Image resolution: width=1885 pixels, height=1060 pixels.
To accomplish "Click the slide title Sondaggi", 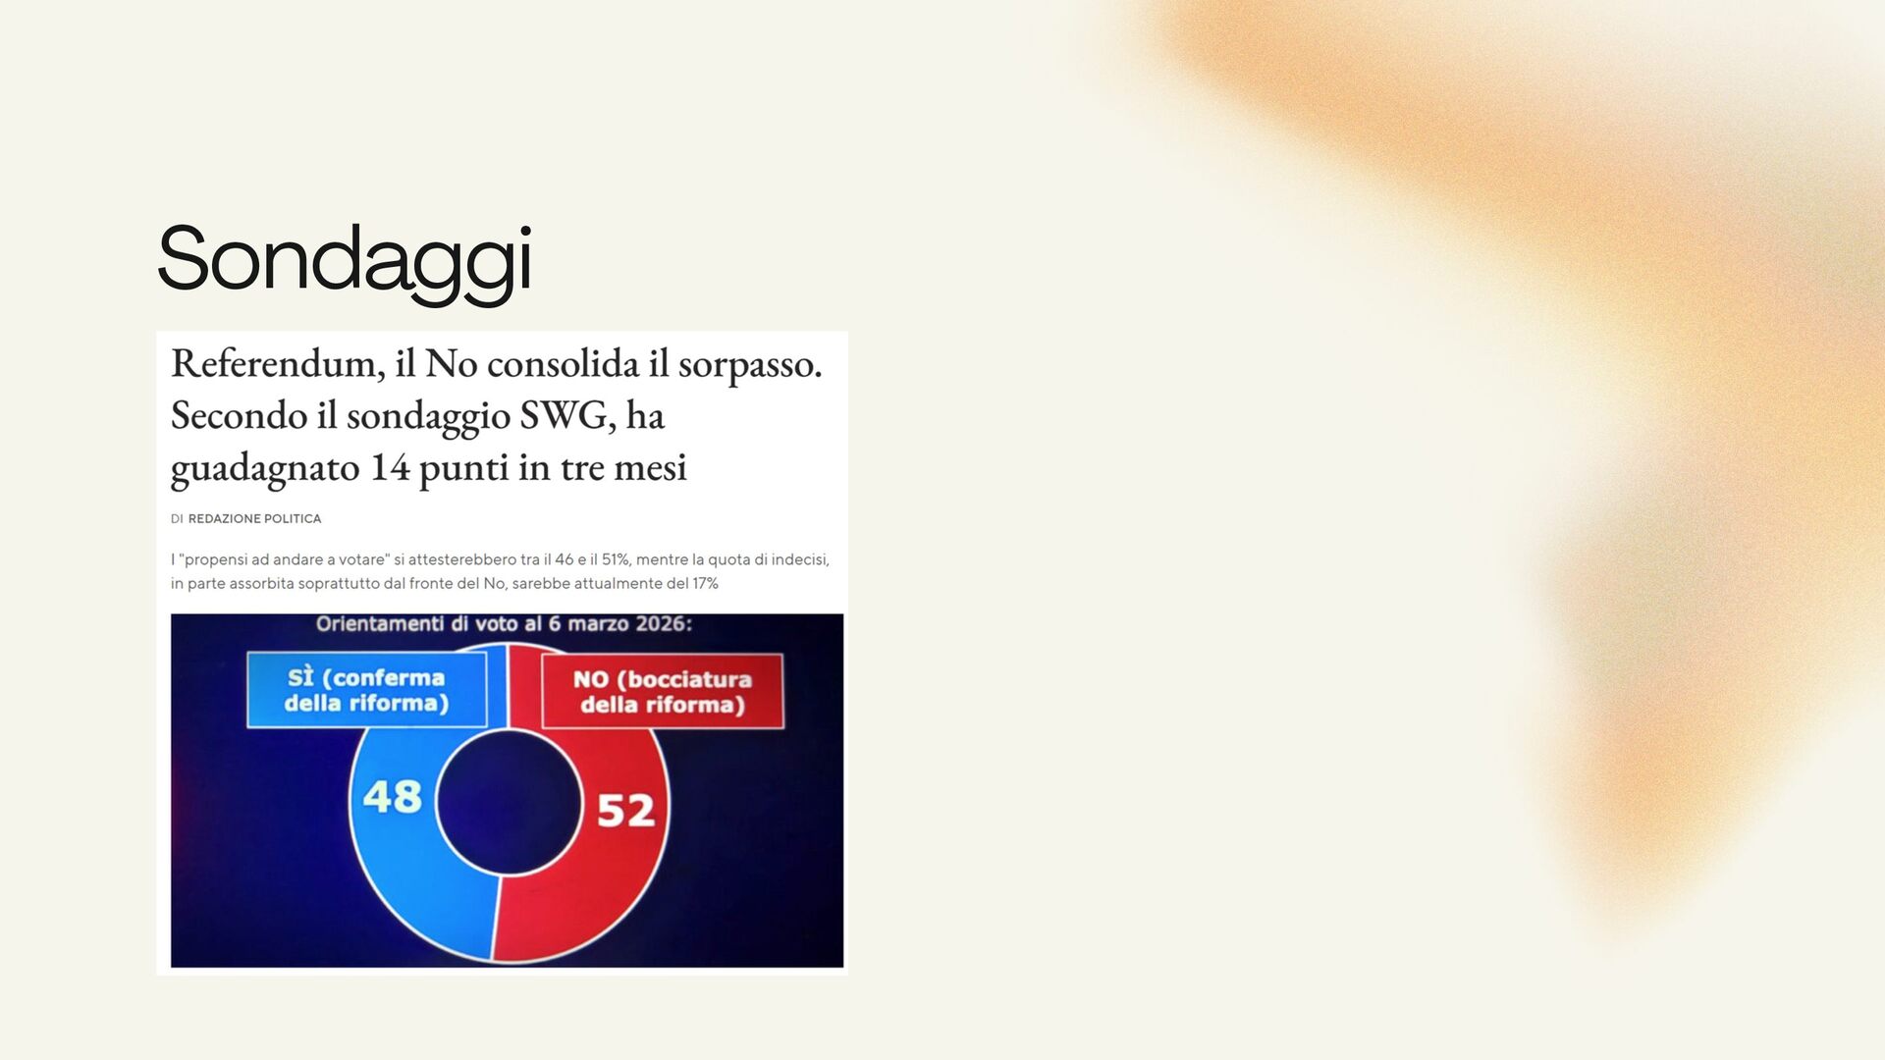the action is click(345, 259).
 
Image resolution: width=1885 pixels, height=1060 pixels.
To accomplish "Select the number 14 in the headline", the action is click(390, 468).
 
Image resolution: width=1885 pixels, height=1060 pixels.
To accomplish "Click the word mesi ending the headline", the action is click(650, 468).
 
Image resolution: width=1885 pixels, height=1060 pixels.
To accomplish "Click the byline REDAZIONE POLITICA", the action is click(254, 519).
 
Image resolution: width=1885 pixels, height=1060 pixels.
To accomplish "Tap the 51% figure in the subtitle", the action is click(615, 559).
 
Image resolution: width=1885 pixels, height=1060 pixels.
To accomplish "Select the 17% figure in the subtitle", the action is click(705, 583).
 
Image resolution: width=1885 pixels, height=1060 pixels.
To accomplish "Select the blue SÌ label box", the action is click(366, 690).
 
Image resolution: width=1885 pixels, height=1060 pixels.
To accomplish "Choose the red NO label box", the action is click(663, 691).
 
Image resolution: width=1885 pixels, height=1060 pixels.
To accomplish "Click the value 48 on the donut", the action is click(393, 797).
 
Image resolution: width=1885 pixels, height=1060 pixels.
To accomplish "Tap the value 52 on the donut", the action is click(625, 811).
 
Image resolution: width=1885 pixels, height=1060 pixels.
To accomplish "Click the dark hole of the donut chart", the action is click(510, 803).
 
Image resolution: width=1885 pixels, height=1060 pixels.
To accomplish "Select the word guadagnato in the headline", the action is click(265, 469).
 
